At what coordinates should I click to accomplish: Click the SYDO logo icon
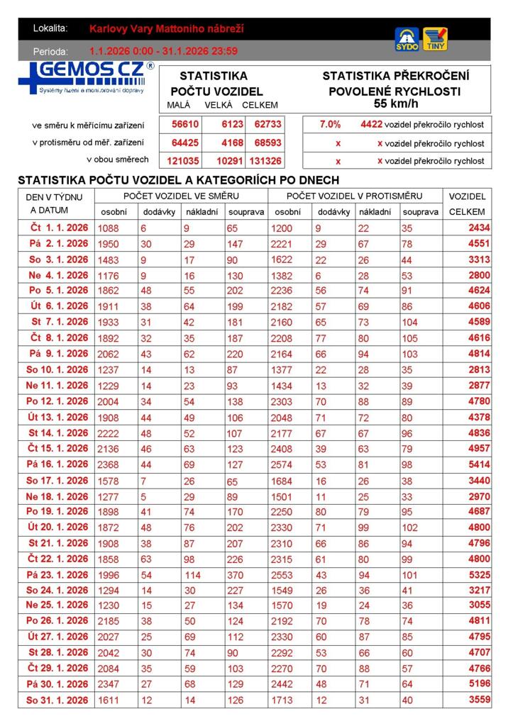(407, 38)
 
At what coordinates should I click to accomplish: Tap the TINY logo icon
(435, 38)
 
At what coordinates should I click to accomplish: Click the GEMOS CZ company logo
(86, 77)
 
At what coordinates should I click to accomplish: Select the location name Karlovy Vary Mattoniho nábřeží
(167, 29)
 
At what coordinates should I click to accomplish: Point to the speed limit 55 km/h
(395, 104)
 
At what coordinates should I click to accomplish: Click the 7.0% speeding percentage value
(330, 125)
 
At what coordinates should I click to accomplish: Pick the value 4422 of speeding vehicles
(371, 125)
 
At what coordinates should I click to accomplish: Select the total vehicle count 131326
(265, 161)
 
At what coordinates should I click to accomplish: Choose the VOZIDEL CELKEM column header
(467, 203)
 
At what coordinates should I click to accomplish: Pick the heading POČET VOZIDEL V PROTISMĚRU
(354, 196)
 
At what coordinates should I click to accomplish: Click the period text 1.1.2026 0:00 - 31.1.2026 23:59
(163, 51)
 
